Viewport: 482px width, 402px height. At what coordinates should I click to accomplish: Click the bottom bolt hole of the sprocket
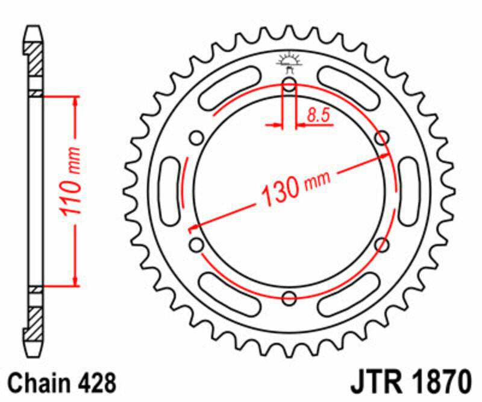click(289, 297)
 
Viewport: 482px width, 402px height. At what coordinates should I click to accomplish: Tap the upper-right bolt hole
click(381, 138)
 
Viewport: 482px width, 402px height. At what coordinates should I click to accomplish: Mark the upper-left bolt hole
click(196, 138)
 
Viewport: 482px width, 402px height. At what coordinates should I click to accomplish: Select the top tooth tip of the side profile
click(33, 29)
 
